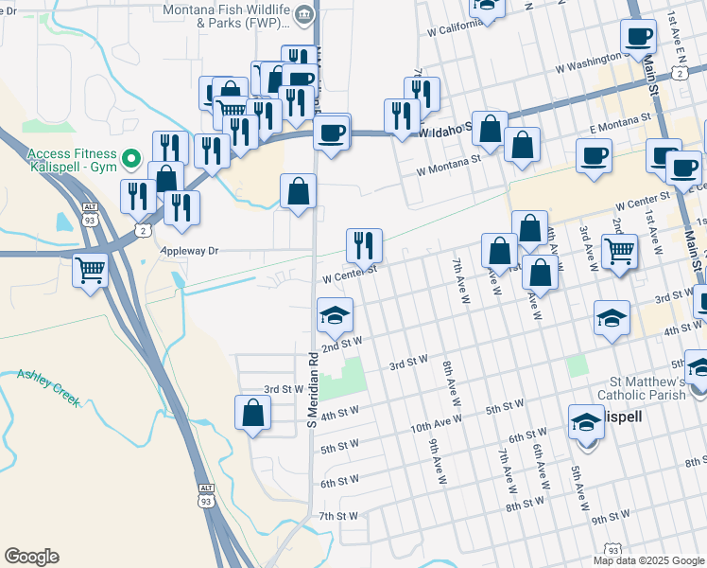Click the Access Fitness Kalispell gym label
pos(71,160)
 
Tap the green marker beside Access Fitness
pos(132,159)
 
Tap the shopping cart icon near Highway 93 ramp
pos(91,271)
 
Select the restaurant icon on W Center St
pos(364,245)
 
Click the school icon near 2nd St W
pos(335,316)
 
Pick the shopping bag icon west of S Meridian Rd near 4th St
pos(252,413)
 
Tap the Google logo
pos(31,557)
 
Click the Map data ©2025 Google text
pos(649,560)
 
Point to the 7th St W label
pos(337,516)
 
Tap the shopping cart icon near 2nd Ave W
pos(620,251)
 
